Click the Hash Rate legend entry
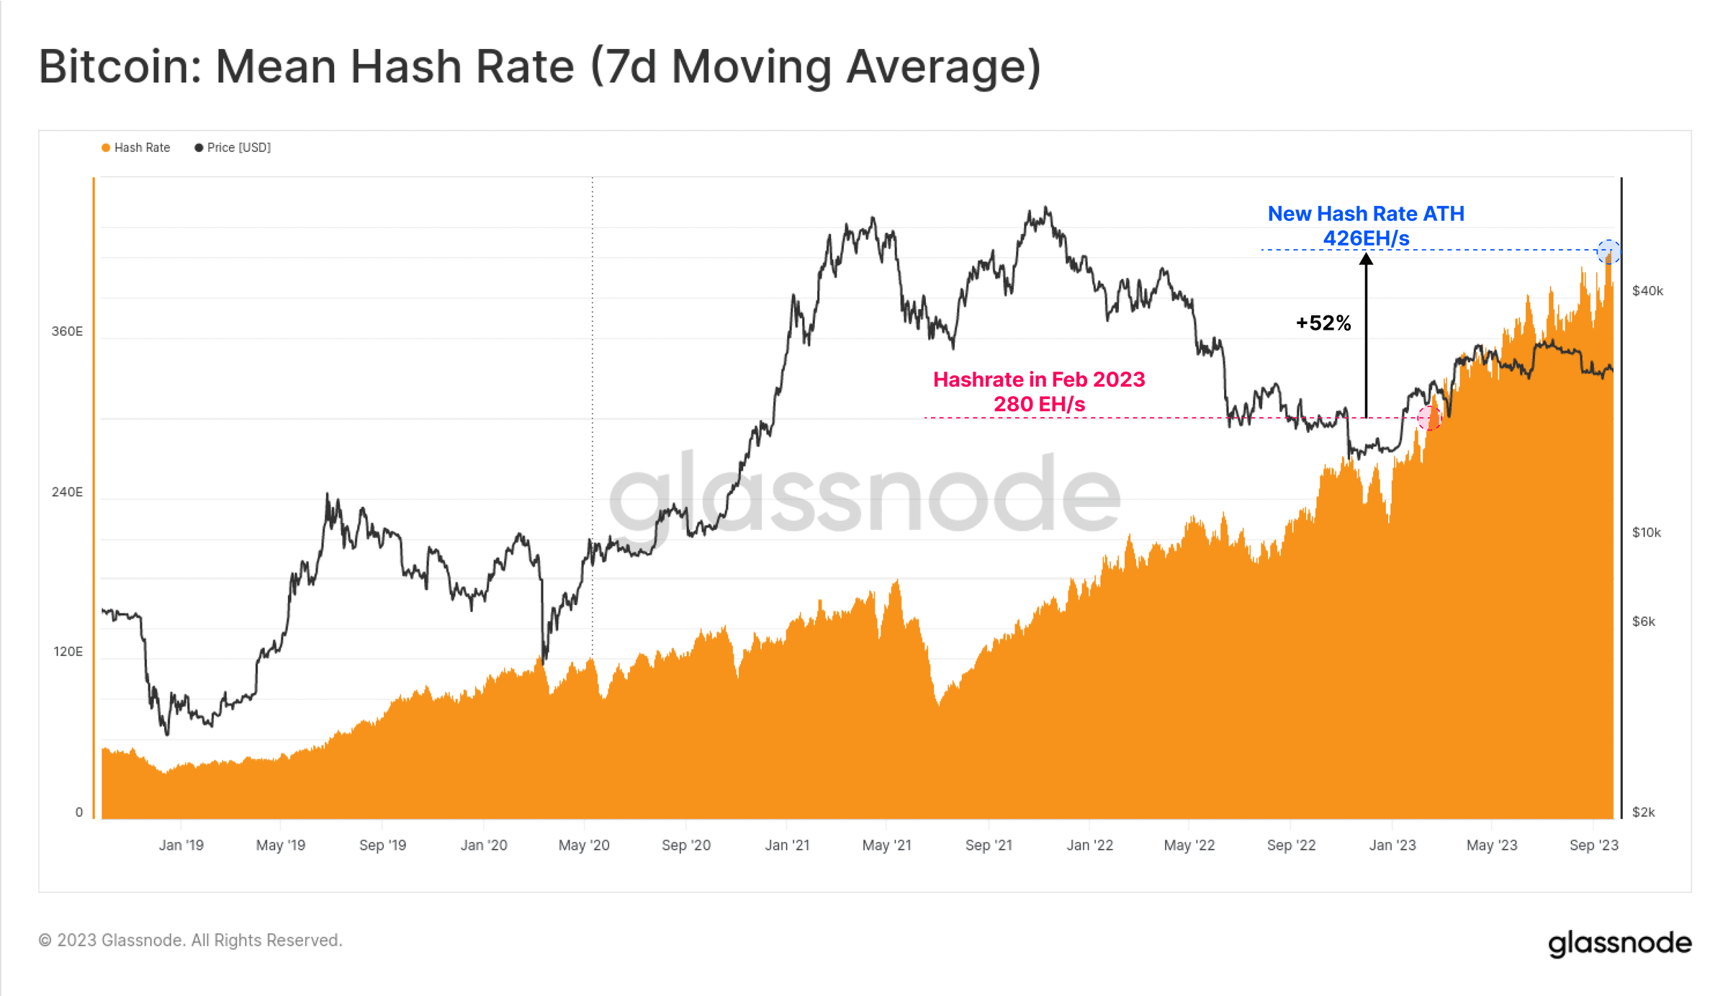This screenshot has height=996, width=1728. pyautogui.click(x=136, y=148)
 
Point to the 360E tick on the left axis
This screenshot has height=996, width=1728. pyautogui.click(x=67, y=331)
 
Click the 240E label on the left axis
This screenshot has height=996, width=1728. pyautogui.click(x=67, y=492)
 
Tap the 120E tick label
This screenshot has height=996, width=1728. pyautogui.click(x=68, y=652)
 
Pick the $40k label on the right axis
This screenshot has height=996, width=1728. pyautogui.click(x=1647, y=291)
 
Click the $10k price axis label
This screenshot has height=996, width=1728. pyautogui.click(x=1646, y=533)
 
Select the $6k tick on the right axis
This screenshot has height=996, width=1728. pyautogui.click(x=1643, y=622)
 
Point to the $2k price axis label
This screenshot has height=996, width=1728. pyautogui.click(x=1643, y=812)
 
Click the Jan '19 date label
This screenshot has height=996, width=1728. pyautogui.click(x=181, y=845)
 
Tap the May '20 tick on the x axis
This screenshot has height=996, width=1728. pyautogui.click(x=584, y=845)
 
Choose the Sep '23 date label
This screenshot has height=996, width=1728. pyautogui.click(x=1593, y=845)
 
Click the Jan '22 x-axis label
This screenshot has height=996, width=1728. pyautogui.click(x=1089, y=845)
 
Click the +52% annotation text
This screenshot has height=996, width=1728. pyautogui.click(x=1323, y=323)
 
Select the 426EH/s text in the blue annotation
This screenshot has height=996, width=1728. pyautogui.click(x=1366, y=238)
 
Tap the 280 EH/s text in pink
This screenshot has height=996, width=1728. pyautogui.click(x=1039, y=405)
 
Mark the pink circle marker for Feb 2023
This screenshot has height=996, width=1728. pyautogui.click(x=1429, y=418)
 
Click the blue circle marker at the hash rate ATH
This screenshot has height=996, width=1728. pyautogui.click(x=1608, y=252)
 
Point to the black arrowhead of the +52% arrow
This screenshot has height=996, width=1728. pyautogui.click(x=1366, y=259)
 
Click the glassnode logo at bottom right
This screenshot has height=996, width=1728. pyautogui.click(x=1619, y=943)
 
